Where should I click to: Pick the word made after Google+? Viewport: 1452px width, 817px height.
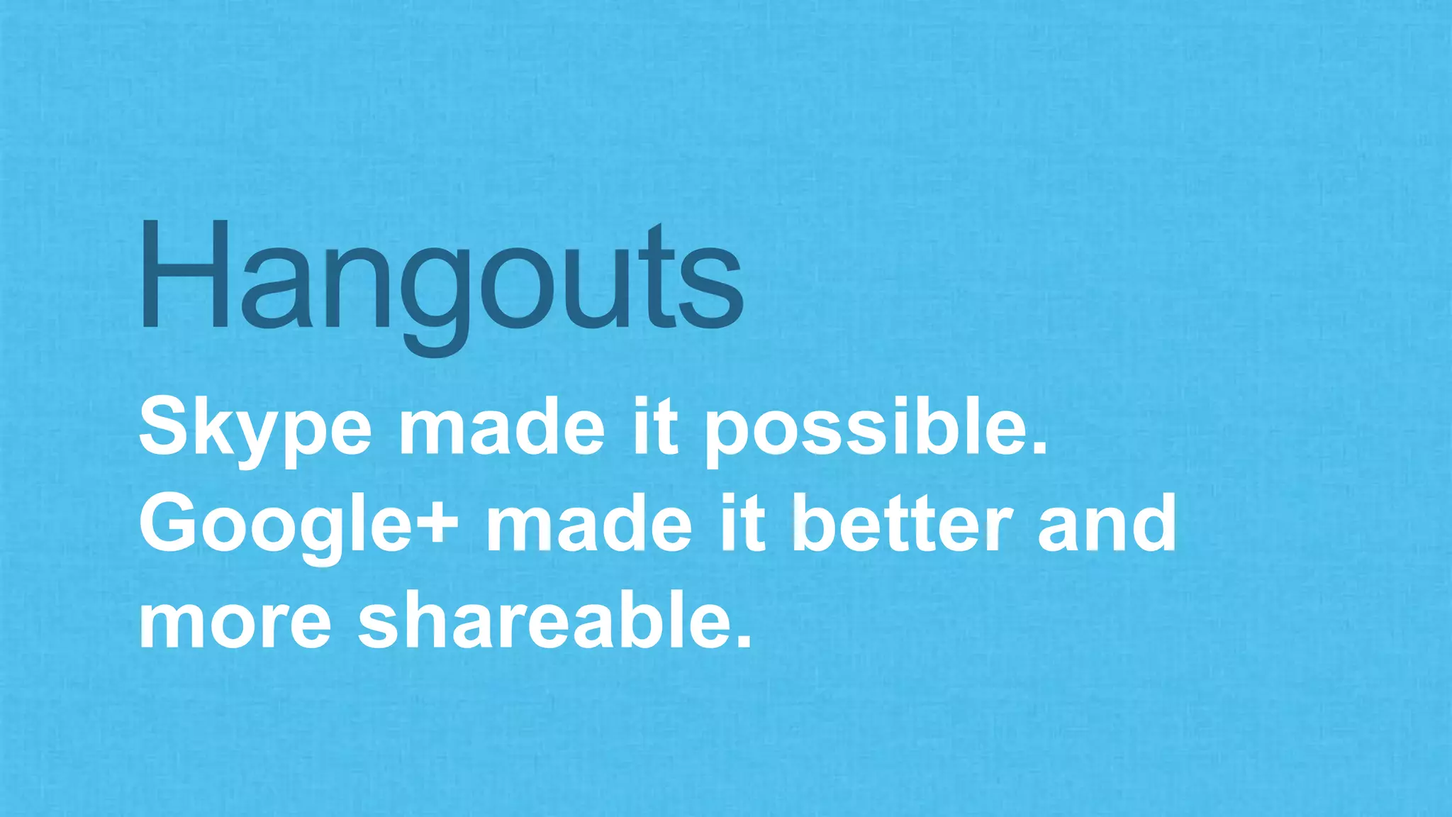pyautogui.click(x=588, y=525)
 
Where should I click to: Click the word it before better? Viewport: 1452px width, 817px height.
pyautogui.click(x=742, y=525)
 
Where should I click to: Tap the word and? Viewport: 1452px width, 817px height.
pyautogui.click(x=1107, y=525)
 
